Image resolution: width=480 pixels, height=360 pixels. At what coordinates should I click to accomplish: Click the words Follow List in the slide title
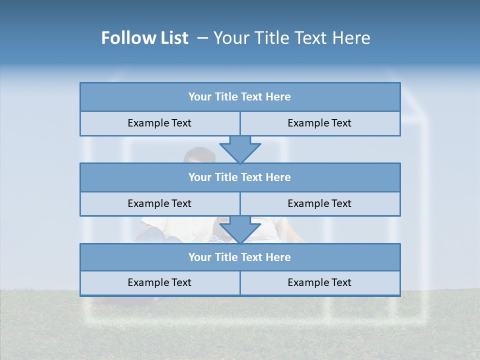145,38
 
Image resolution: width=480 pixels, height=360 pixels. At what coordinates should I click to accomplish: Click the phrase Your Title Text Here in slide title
292,38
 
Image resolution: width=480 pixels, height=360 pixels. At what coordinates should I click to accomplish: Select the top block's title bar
240,97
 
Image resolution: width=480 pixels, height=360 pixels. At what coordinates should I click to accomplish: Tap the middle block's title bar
240,177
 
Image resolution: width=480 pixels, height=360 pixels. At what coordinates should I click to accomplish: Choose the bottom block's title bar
240,257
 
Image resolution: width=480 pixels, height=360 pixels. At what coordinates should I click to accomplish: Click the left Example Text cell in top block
159,123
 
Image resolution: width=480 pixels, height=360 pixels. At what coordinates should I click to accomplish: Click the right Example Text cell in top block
319,123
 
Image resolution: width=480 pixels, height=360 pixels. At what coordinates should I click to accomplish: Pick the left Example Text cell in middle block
159,203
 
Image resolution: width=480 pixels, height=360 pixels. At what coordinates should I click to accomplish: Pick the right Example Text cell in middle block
319,203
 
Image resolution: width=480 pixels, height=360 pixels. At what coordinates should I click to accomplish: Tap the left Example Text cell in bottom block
159,282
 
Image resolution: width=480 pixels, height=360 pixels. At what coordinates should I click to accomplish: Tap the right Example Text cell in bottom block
319,282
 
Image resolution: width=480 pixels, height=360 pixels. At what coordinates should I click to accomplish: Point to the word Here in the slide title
352,38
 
